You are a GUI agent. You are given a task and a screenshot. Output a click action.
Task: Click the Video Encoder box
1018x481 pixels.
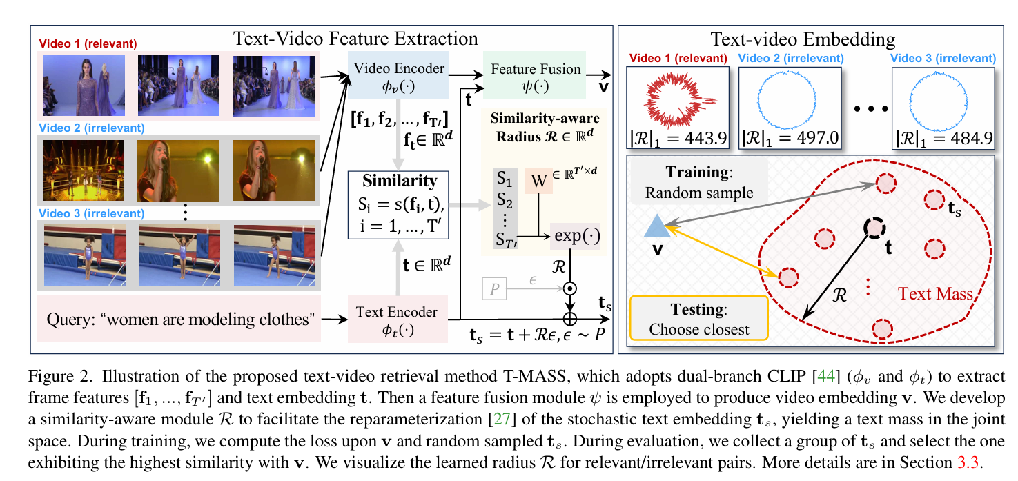(398, 78)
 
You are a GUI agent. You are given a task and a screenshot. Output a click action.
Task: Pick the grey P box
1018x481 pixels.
(493, 290)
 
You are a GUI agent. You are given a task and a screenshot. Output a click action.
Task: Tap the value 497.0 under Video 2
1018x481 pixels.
(815, 137)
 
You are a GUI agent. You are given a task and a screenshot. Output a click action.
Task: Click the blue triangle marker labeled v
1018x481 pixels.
(656, 226)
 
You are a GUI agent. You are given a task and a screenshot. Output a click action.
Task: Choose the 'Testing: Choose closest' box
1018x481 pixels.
(698, 319)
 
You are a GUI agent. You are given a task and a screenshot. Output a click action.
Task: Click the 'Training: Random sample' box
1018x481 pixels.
(698, 182)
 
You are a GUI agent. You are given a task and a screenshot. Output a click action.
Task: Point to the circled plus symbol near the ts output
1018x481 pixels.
(571, 320)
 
